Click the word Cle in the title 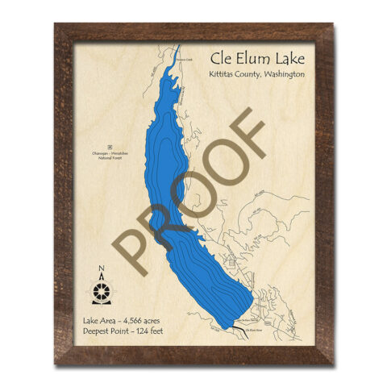[219, 57]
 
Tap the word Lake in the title [281, 57]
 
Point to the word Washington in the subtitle [282, 74]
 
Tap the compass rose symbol [102, 289]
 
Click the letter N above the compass [102, 270]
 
